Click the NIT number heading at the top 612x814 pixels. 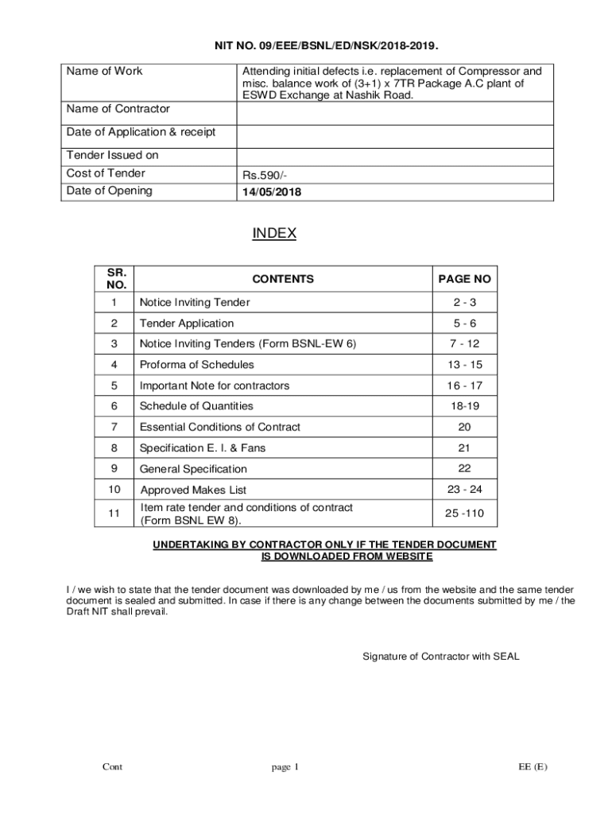(x=327, y=46)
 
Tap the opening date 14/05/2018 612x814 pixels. (x=272, y=192)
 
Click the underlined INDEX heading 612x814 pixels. (x=274, y=234)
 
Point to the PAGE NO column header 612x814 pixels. (x=464, y=279)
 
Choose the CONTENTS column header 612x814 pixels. (x=283, y=279)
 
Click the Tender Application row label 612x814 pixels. (x=187, y=324)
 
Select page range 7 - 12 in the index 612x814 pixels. (x=464, y=344)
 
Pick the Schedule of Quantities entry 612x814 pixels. (x=196, y=406)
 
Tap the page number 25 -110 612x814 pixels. (x=464, y=514)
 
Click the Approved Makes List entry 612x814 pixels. (x=198, y=490)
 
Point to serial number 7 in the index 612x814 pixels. (x=114, y=427)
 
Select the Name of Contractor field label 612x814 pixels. (x=118, y=109)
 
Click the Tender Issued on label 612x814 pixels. (x=113, y=156)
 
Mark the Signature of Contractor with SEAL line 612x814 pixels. (x=440, y=657)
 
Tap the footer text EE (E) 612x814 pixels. (x=533, y=767)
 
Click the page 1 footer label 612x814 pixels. (x=285, y=767)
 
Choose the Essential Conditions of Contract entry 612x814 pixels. (x=220, y=427)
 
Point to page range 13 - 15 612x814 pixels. (x=464, y=365)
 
